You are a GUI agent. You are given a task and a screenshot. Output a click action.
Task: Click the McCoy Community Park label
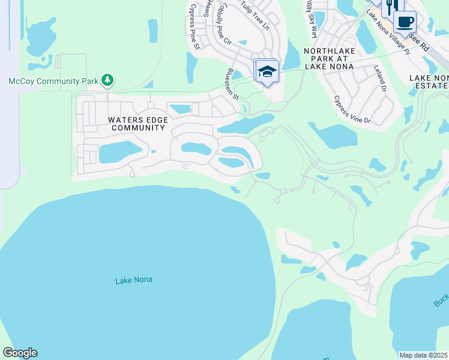point(53,80)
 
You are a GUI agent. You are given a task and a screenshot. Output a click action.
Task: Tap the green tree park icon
point(107,80)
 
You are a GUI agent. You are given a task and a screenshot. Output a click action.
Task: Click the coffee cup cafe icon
point(405,22)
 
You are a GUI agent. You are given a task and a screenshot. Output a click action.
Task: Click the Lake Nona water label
point(133,280)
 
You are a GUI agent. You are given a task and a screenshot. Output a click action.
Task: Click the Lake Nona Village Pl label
point(388,33)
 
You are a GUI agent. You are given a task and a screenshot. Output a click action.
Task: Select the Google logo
point(20,353)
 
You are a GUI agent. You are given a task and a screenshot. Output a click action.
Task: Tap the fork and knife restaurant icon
point(389,7)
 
